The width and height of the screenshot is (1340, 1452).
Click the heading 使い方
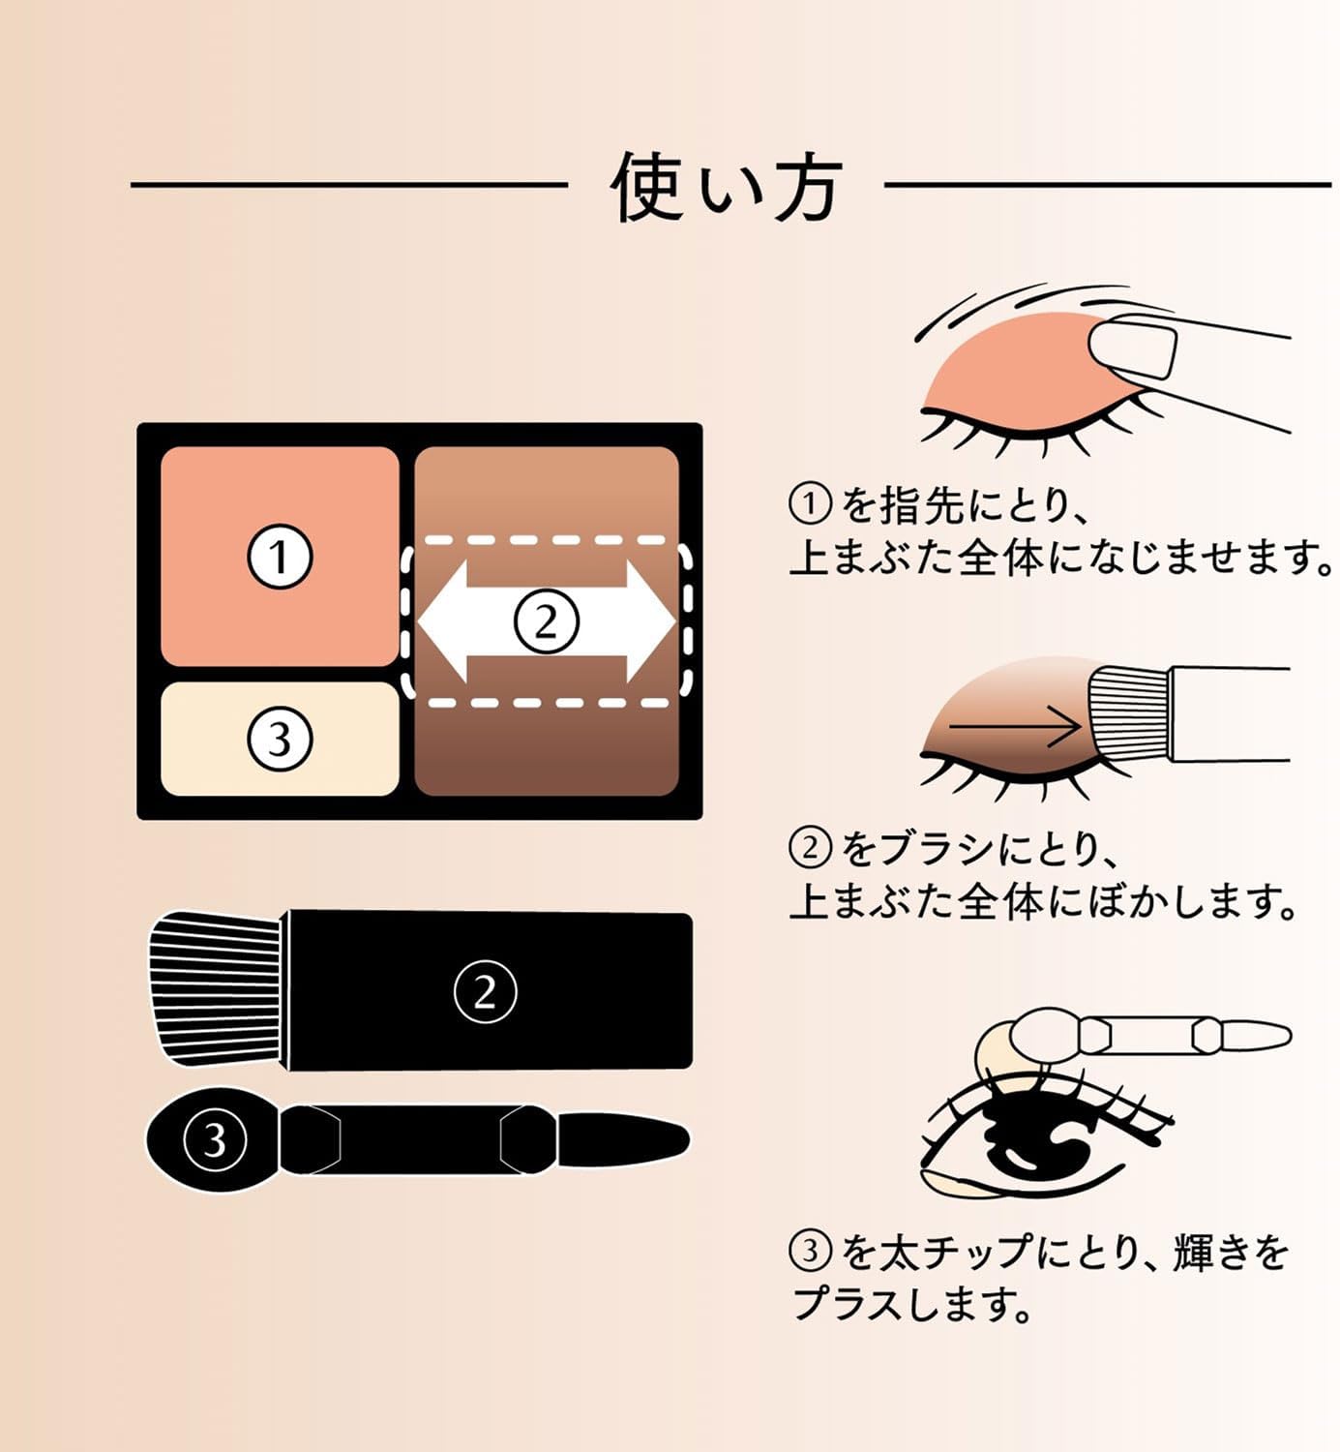(726, 187)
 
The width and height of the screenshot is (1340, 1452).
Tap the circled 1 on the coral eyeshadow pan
(280, 558)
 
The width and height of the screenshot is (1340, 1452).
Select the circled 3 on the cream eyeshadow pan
(280, 740)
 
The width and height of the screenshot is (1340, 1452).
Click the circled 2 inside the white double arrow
(546, 621)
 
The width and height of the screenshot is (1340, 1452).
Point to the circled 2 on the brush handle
(485, 991)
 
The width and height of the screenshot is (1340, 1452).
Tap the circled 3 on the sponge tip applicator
(214, 1139)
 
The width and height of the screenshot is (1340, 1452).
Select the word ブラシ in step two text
(938, 849)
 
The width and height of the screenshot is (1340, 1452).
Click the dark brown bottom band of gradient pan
(546, 755)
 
